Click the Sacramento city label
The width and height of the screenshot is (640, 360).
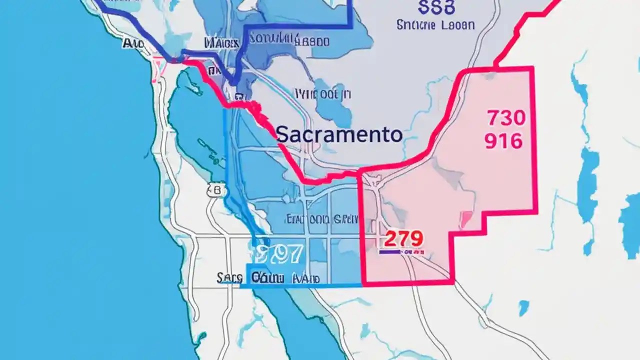click(339, 135)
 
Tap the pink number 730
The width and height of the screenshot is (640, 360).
click(505, 118)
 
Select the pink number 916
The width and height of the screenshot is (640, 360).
click(503, 141)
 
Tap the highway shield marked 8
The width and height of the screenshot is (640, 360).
click(216, 190)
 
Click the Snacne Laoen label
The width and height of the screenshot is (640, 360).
click(435, 24)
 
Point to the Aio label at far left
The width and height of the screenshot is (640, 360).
click(133, 44)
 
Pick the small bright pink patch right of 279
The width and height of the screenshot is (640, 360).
click(466, 219)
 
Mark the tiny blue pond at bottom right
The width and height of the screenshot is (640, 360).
click(523, 307)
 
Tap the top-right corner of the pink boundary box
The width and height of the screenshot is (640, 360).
click(532, 67)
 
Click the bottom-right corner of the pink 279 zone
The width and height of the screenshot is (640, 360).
click(452, 282)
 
